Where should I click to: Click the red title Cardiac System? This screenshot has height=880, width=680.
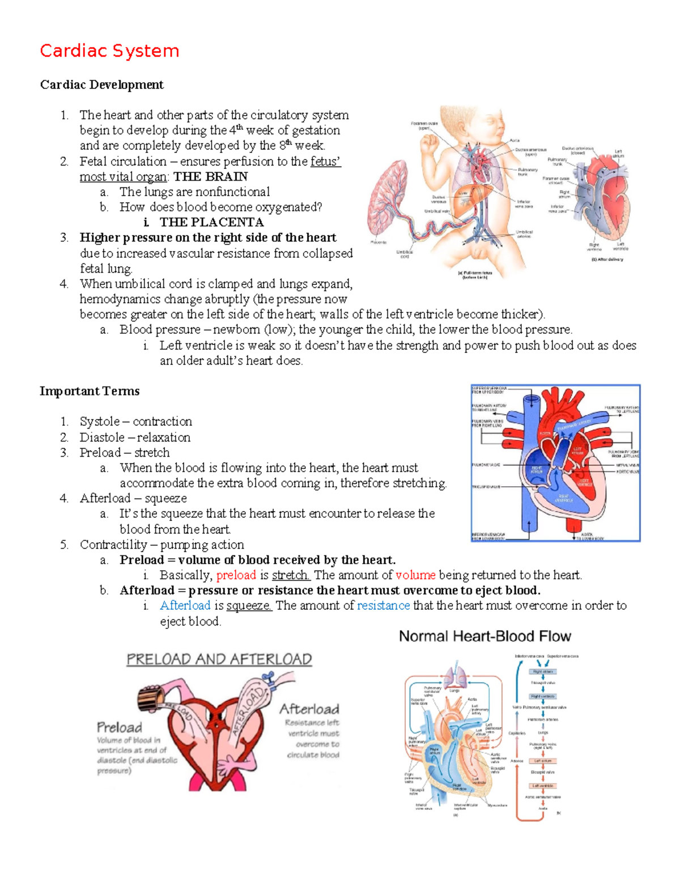pyautogui.click(x=109, y=51)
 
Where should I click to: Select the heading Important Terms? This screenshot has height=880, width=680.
pyautogui.click(x=90, y=391)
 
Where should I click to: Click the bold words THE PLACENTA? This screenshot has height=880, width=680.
pyautogui.click(x=211, y=222)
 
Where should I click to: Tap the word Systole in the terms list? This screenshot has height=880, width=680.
pyautogui.click(x=100, y=422)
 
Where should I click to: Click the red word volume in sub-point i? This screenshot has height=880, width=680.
pyautogui.click(x=415, y=575)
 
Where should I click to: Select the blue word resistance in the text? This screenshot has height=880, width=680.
pyautogui.click(x=383, y=606)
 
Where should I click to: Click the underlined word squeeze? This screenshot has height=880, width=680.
pyautogui.click(x=249, y=606)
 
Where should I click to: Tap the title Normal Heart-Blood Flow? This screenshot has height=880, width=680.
pyautogui.click(x=485, y=636)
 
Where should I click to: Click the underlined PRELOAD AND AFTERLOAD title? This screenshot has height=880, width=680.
pyautogui.click(x=219, y=660)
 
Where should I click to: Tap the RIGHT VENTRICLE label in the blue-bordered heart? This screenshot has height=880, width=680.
pyautogui.click(x=564, y=499)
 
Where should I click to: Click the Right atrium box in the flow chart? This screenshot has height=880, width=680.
pyautogui.click(x=542, y=671)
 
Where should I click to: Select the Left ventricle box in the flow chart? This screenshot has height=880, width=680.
pyautogui.click(x=543, y=786)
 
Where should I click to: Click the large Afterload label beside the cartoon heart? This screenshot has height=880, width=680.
pyautogui.click(x=309, y=709)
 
